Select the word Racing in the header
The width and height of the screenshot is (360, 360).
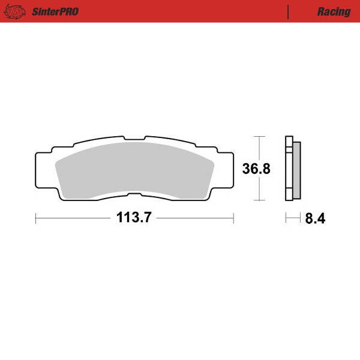[334, 11]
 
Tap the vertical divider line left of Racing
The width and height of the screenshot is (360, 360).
[289, 11]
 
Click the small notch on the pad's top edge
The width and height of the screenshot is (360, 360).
[134, 140]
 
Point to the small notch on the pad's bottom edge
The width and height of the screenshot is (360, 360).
[134, 194]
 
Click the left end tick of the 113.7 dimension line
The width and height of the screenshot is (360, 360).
[36, 218]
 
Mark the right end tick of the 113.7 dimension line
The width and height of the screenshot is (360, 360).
[233, 218]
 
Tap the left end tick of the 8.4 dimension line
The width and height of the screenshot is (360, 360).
[286, 218]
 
